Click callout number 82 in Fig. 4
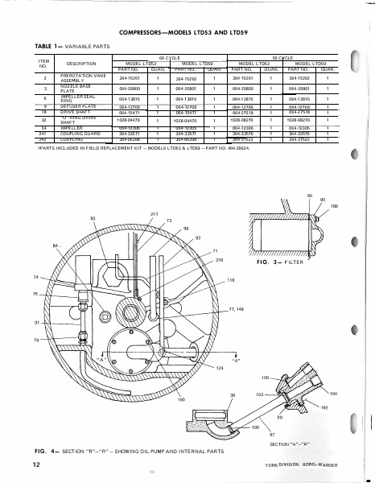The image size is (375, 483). click(x=93, y=218)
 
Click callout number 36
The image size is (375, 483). click(x=233, y=395)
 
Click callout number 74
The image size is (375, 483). click(x=35, y=276)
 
